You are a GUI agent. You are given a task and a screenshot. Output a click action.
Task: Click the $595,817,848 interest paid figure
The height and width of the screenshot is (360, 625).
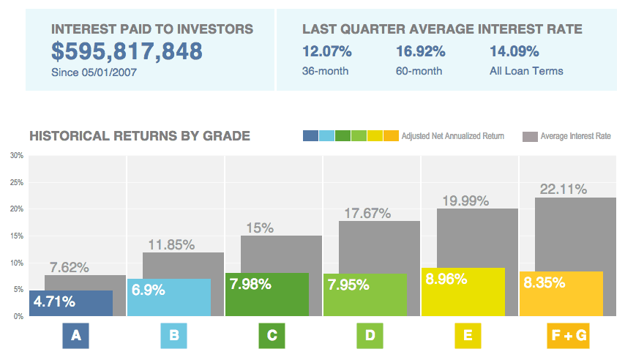[x=127, y=51]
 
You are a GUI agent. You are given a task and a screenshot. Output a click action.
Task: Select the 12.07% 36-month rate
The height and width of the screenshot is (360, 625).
[x=326, y=51]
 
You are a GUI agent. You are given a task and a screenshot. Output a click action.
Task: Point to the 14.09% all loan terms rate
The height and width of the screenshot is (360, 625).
[x=514, y=51]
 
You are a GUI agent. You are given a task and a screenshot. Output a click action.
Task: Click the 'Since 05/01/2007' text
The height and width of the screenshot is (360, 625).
[x=94, y=72]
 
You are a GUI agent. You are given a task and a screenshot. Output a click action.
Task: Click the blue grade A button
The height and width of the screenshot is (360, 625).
[x=75, y=336]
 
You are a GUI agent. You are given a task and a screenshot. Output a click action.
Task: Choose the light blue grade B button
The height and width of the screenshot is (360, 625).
[x=173, y=336]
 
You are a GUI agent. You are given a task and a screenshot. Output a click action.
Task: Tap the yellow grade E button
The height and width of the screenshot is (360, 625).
[x=468, y=336]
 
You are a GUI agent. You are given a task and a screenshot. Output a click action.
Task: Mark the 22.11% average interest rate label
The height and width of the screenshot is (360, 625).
[x=563, y=190]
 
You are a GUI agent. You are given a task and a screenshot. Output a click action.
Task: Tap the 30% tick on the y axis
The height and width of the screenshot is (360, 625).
[x=16, y=156]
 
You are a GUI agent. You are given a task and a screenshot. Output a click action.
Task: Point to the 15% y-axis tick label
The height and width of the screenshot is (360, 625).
[x=16, y=236]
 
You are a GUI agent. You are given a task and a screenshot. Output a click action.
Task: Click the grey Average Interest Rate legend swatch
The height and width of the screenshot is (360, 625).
[x=530, y=136]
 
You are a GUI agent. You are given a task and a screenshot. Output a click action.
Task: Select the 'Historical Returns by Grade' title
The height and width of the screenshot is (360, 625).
[x=139, y=136]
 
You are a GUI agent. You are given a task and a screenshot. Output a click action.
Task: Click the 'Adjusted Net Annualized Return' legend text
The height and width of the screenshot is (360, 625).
[x=453, y=136]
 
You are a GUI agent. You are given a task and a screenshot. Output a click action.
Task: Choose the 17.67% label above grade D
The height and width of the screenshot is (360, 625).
[x=367, y=213]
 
